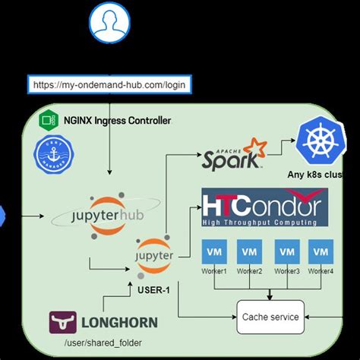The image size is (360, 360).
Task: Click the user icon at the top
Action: (109, 23)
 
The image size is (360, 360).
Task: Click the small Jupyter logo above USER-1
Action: (154, 255)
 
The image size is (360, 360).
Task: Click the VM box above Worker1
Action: (214, 251)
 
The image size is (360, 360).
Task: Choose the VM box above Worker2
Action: (249, 251)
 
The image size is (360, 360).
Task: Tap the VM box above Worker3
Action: (286, 251)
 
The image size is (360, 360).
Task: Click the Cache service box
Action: (270, 316)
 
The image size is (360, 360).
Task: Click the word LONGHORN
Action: (118, 322)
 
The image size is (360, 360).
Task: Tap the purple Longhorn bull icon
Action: (62, 322)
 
